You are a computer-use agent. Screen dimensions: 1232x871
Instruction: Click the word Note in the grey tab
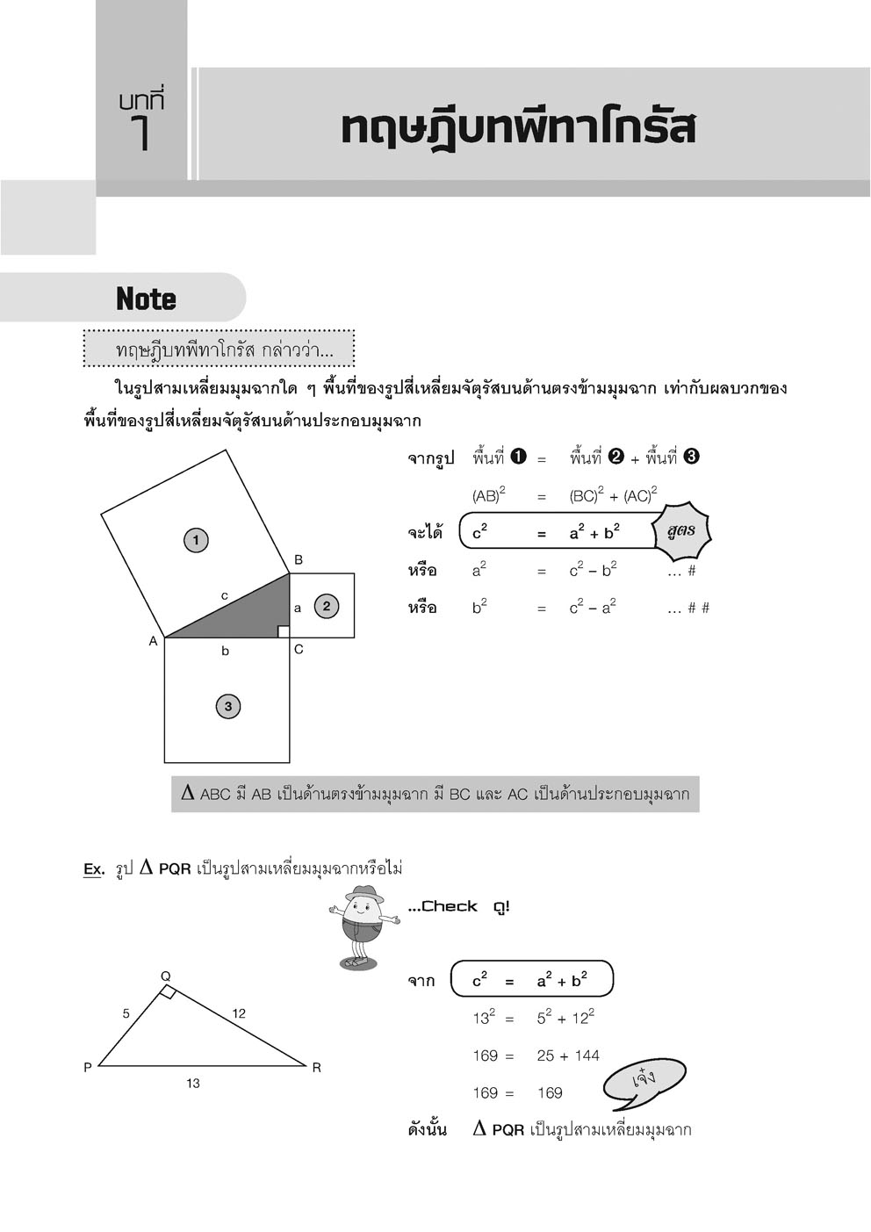[x=146, y=299]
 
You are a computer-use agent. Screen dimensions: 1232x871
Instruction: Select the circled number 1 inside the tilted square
[x=196, y=540]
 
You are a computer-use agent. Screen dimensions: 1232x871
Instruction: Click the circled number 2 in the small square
[x=327, y=605]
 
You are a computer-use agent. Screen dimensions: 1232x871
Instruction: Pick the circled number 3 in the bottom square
[x=228, y=706]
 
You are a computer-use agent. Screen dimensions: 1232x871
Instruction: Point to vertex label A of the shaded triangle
[x=153, y=642]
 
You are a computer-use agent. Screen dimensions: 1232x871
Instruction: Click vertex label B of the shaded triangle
[x=299, y=559]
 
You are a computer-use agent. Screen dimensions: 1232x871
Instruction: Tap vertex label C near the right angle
[x=299, y=650]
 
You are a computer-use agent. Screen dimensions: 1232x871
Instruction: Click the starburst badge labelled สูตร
[x=681, y=531]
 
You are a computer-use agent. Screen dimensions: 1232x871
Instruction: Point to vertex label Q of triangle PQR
[x=165, y=976]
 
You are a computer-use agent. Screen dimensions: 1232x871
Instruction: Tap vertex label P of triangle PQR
[x=88, y=1068]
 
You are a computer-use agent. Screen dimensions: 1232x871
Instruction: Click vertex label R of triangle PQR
[x=316, y=1068]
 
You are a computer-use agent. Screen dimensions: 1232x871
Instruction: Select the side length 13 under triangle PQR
[x=193, y=1084]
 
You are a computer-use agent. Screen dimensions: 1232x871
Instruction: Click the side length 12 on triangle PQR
[x=239, y=1013]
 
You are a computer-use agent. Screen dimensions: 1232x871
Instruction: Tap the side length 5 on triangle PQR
[x=126, y=1013]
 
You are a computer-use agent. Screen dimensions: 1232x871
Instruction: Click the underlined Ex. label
[x=94, y=869]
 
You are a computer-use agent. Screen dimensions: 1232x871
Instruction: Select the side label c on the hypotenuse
[x=225, y=596]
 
